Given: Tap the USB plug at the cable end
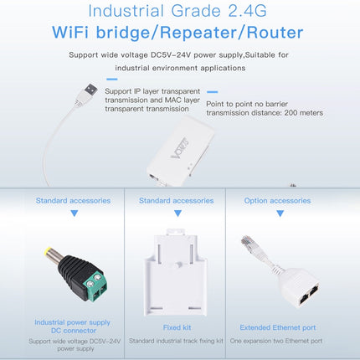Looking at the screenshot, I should [90, 88].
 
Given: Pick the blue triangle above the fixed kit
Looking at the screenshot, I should [175, 214].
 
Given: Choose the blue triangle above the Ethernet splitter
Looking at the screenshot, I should [277, 214].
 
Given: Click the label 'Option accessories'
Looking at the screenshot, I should [277, 201].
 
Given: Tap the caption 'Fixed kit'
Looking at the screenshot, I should [176, 327].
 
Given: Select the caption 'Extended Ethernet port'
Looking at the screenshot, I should [278, 327].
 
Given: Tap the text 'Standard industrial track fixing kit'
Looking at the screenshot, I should [177, 341].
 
